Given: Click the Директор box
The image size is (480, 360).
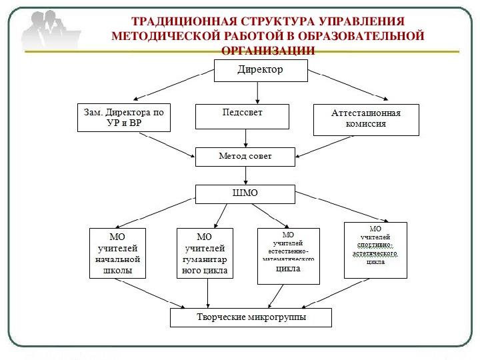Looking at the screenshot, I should click(x=260, y=70).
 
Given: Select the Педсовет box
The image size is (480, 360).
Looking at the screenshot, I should click(x=242, y=116).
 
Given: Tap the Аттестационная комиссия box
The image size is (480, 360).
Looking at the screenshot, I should click(x=366, y=119).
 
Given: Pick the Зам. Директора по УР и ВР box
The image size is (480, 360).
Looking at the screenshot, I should click(x=123, y=118).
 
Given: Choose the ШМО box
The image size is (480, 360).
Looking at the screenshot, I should click(x=245, y=193).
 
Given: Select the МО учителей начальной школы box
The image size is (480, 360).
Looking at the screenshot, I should click(x=117, y=253).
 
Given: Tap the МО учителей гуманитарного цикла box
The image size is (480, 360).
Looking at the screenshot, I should click(x=205, y=253).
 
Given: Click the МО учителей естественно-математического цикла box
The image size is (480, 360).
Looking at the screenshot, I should click(x=288, y=255).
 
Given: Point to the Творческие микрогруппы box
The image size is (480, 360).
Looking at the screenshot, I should click(x=251, y=318).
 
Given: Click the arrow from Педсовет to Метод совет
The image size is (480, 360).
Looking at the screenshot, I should click(x=246, y=138).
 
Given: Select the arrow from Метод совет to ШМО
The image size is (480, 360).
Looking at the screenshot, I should click(x=246, y=175).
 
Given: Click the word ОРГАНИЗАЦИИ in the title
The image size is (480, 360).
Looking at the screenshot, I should click(x=267, y=50).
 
